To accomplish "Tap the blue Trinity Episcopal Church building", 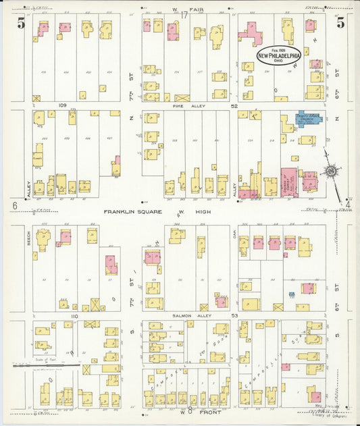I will [310, 119].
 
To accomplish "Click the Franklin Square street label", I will [132, 211].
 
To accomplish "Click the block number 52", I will [234, 107].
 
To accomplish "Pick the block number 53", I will [234, 316].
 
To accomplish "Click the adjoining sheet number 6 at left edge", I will [14, 205].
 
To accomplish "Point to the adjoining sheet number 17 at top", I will [184, 16].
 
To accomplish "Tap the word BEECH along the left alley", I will [29, 239].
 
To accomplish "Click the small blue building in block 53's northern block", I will [291, 294].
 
